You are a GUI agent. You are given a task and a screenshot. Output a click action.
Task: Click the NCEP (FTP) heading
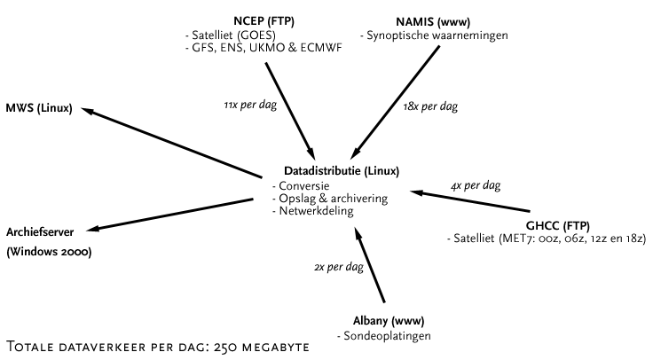click(x=264, y=21)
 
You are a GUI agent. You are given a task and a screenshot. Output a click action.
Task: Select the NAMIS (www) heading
click(x=433, y=22)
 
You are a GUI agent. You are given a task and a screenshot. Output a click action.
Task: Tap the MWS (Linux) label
click(x=39, y=109)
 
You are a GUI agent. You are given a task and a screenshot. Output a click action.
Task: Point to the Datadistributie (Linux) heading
click(x=342, y=171)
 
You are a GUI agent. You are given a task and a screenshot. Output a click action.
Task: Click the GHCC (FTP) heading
click(x=558, y=226)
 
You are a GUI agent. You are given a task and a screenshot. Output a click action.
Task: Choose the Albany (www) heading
click(x=389, y=321)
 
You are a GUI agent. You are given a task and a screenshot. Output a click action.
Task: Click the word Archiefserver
click(x=40, y=232)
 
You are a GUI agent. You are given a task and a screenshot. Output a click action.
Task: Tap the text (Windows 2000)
click(x=49, y=252)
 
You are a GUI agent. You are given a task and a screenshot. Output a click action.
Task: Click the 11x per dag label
click(x=250, y=105)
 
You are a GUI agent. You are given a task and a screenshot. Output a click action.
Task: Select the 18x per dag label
click(x=430, y=106)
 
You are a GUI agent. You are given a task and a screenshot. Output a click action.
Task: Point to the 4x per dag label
click(x=476, y=185)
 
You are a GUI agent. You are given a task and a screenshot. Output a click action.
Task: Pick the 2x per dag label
click(x=339, y=267)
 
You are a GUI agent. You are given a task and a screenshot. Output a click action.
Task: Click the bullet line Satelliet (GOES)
click(x=231, y=35)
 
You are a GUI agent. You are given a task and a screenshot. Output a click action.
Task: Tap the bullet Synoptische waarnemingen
click(x=434, y=35)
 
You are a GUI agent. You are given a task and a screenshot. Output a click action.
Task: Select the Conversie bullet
click(x=301, y=186)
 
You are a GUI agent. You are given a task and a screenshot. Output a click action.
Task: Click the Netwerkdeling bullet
click(x=313, y=211)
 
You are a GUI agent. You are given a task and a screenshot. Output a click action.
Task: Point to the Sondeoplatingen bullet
click(x=384, y=336)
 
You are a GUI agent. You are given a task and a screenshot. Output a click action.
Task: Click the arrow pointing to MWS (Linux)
click(x=171, y=143)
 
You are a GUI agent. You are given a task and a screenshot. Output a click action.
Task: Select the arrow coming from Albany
click(x=369, y=265)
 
